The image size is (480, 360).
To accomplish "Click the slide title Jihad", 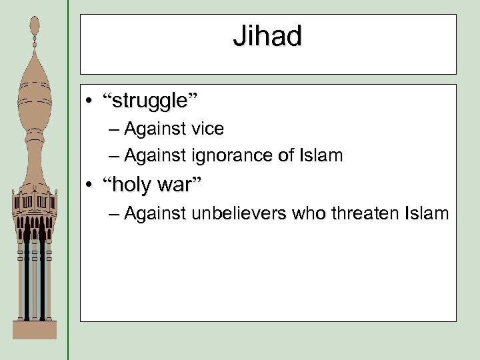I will coord(267,37).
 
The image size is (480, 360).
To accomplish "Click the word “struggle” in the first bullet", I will coord(150,102).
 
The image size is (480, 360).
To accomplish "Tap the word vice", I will coord(205,128).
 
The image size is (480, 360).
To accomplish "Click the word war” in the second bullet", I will coord(179,185).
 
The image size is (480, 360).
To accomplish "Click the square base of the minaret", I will coord(35,329).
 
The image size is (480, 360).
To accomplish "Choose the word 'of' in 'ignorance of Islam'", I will coord(285,156).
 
